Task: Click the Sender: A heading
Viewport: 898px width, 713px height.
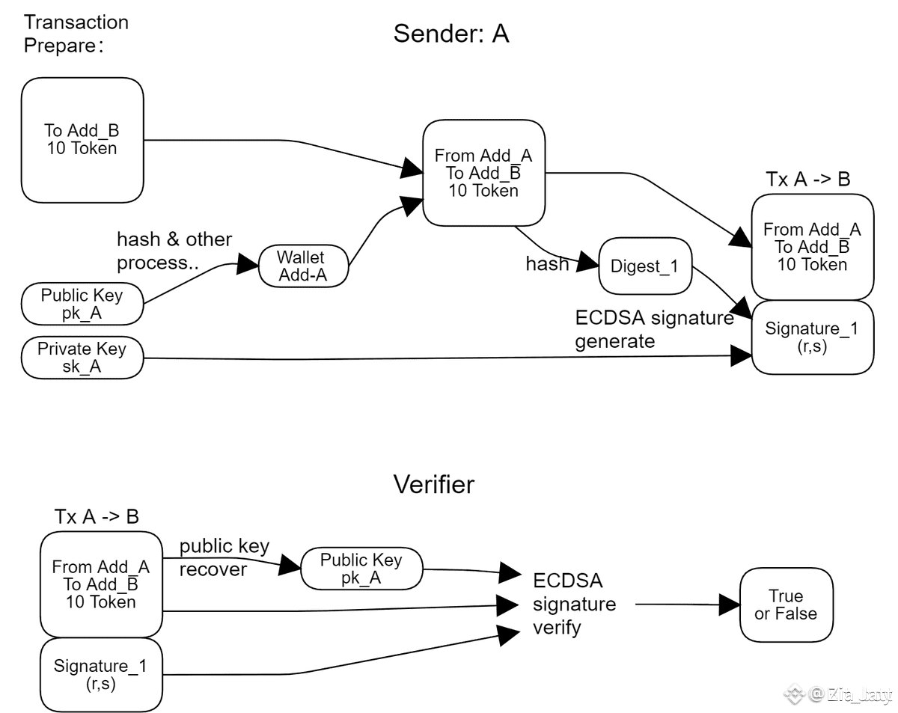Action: tap(451, 34)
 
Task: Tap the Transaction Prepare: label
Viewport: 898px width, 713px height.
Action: tap(76, 34)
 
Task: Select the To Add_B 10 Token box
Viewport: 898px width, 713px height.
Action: tap(82, 140)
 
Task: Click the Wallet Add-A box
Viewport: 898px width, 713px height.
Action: tap(302, 266)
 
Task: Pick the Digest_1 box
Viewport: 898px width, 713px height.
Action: tap(645, 266)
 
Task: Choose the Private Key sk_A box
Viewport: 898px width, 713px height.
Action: tap(82, 358)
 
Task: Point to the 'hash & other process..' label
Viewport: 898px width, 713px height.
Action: tap(174, 251)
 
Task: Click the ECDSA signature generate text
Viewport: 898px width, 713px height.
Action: tap(653, 329)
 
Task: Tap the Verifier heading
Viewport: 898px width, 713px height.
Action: tap(434, 485)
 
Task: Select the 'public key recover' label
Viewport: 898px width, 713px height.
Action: tap(224, 557)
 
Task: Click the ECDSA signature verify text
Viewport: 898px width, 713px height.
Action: tap(574, 604)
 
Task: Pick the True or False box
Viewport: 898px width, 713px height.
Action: tap(786, 605)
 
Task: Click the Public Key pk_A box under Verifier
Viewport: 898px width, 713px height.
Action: tap(361, 569)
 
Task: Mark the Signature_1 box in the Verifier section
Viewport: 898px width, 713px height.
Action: tap(101, 674)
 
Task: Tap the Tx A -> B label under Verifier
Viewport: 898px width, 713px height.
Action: tap(97, 517)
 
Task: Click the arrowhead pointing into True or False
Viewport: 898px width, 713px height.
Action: tap(730, 605)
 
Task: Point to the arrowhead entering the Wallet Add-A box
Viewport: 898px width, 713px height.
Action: tap(248, 263)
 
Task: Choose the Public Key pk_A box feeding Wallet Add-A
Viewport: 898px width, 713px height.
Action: tap(82, 304)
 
